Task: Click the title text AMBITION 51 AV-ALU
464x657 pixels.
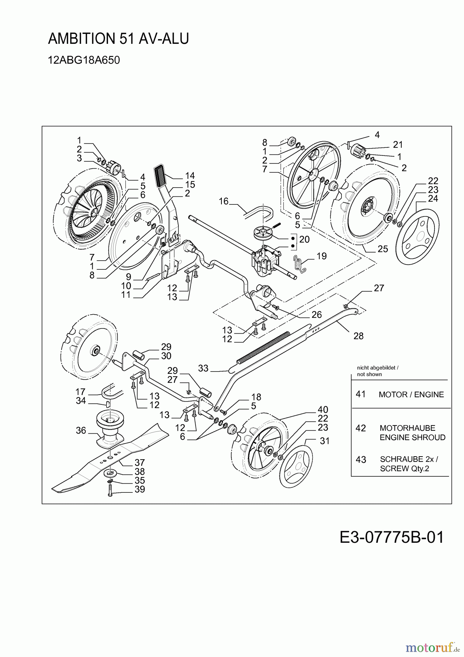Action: (118, 39)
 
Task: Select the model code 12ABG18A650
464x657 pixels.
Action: (84, 60)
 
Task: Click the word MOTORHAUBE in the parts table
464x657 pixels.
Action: (407, 428)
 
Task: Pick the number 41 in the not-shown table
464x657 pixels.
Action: (361, 394)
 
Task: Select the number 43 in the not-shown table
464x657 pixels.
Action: (361, 460)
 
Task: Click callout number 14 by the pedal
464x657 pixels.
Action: (190, 176)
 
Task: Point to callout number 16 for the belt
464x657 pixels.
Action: (224, 201)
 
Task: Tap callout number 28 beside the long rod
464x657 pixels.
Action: (359, 336)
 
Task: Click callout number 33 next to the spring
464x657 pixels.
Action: (203, 368)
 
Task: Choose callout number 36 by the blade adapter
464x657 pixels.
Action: (81, 430)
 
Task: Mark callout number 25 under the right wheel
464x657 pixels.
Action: (383, 249)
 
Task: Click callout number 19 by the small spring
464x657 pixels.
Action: (321, 256)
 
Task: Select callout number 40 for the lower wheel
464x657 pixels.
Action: (323, 410)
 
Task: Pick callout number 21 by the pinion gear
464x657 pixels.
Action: (398, 145)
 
